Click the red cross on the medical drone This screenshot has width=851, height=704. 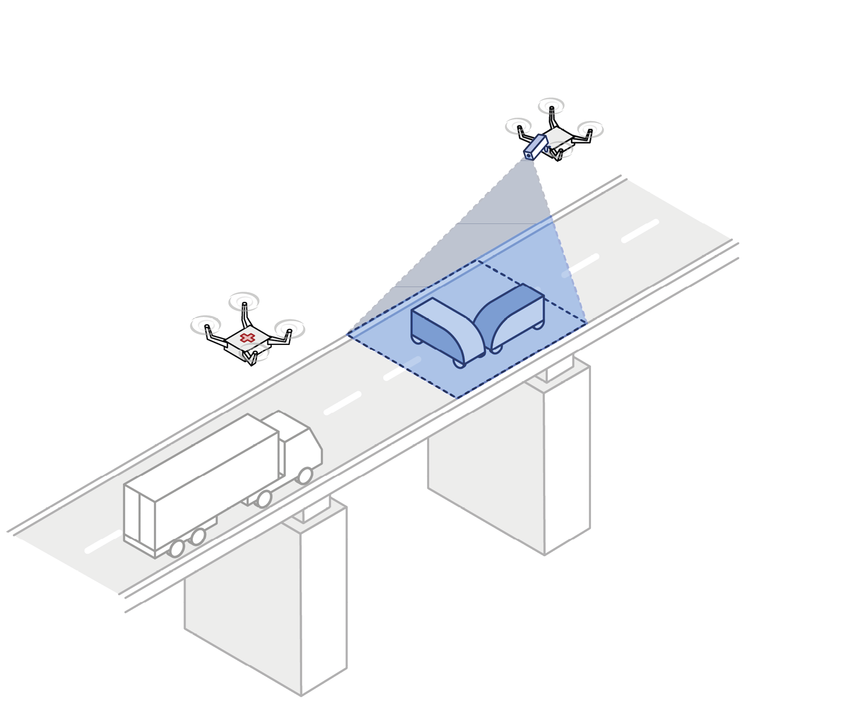pyautogui.click(x=247, y=338)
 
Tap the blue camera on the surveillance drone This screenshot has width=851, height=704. pyautogui.click(x=534, y=147)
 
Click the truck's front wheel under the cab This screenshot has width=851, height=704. pyautogui.click(x=305, y=476)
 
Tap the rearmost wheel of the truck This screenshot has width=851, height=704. pyautogui.click(x=177, y=548)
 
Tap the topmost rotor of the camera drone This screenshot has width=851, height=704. pyautogui.click(x=551, y=106)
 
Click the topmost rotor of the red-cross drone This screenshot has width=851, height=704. pyautogui.click(x=244, y=301)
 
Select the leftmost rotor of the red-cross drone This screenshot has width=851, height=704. pyautogui.click(x=206, y=325)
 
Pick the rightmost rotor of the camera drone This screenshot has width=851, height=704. pyautogui.click(x=590, y=128)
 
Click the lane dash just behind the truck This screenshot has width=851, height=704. pyautogui.click(x=102, y=543)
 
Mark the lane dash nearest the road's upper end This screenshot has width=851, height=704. pyautogui.click(x=640, y=231)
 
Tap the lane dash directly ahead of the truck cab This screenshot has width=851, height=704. pyautogui.click(x=342, y=404)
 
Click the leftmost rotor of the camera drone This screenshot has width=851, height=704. pyautogui.click(x=518, y=126)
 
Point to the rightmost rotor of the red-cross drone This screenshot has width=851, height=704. pyautogui.click(x=290, y=328)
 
